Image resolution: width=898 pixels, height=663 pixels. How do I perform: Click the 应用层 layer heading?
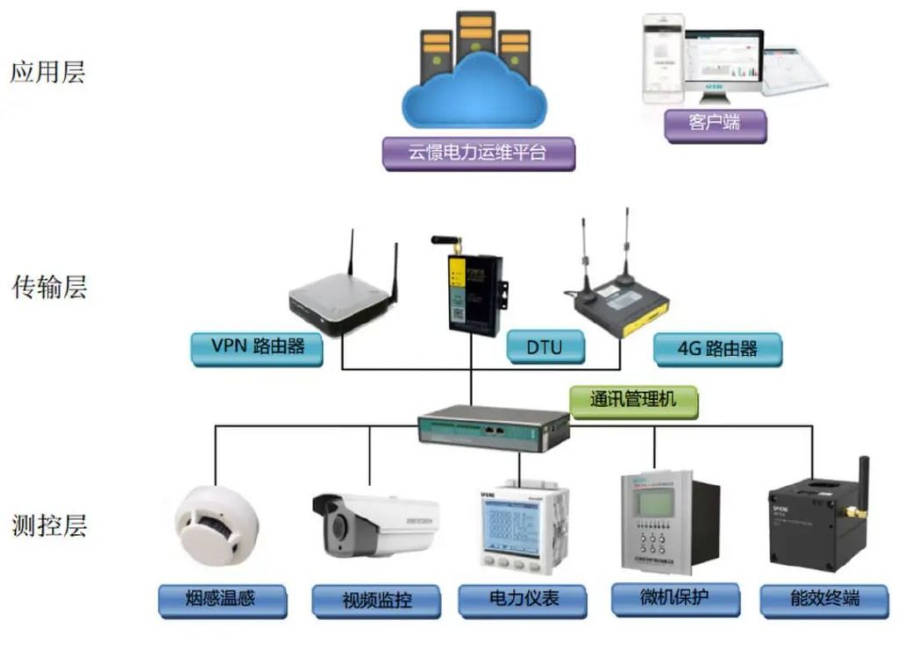point(47,72)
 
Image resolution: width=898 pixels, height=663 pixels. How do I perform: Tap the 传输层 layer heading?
point(49,287)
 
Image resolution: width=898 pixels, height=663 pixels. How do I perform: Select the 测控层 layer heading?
point(49,526)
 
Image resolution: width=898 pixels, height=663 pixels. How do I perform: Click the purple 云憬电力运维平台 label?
point(478,153)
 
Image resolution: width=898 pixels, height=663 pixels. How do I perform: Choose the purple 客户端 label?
point(715,123)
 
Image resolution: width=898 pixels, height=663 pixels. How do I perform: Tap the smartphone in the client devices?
point(663,57)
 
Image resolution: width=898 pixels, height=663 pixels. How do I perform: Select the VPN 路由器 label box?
point(257,346)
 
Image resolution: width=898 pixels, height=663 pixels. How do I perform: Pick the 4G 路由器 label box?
point(716,349)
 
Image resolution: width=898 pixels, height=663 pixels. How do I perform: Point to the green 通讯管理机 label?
point(634,400)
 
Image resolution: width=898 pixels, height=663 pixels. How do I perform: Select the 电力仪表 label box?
point(522,600)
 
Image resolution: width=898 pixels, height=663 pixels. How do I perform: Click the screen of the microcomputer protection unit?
point(656,503)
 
